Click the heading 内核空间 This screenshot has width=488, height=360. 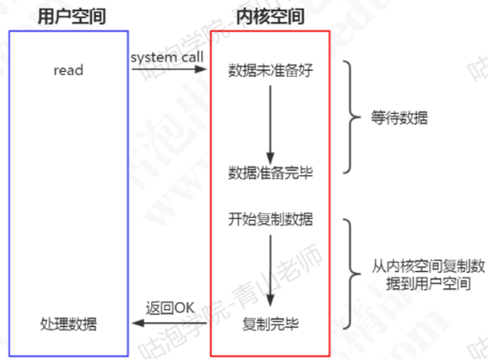tap(270, 15)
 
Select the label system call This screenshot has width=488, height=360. tap(167, 57)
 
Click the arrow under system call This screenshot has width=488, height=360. tap(169, 70)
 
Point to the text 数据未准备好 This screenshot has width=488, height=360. tap(270, 70)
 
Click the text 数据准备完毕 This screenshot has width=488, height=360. tap(270, 173)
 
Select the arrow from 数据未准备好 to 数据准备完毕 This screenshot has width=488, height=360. tap(270, 121)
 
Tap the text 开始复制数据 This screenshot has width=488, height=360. tap(270, 219)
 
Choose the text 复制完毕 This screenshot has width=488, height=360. tap(270, 324)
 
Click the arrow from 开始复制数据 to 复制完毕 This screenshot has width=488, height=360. tap(270, 271)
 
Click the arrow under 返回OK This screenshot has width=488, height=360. tap(169, 324)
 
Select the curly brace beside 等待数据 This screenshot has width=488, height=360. tap(348, 118)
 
